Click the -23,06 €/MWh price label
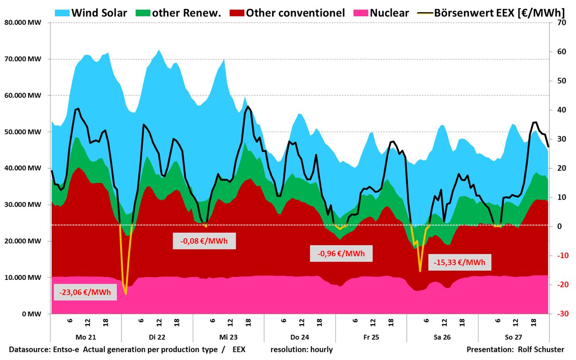click(x=85, y=292)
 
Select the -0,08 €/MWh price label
click(x=204, y=242)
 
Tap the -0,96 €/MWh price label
click(x=341, y=254)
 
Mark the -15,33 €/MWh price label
click(x=460, y=263)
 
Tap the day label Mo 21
click(x=86, y=337)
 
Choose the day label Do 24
click(x=300, y=337)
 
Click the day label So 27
click(x=514, y=337)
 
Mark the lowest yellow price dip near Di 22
click(x=126, y=293)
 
